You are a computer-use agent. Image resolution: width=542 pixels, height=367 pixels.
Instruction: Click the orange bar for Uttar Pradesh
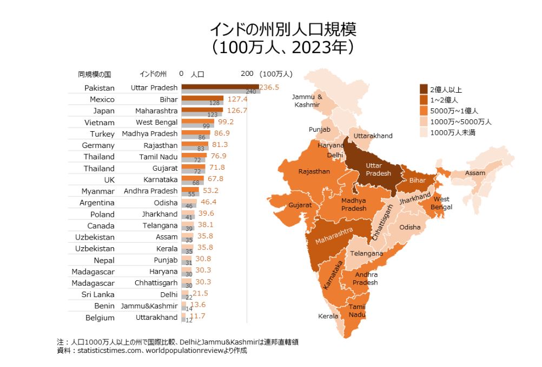click(x=220, y=86)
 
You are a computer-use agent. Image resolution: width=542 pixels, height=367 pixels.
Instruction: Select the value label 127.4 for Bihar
click(x=237, y=99)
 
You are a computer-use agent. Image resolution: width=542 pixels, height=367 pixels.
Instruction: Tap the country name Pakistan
click(x=100, y=88)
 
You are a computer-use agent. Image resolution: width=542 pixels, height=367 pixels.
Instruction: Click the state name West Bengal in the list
click(x=156, y=122)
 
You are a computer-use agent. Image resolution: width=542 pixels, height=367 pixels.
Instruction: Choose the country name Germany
click(x=98, y=145)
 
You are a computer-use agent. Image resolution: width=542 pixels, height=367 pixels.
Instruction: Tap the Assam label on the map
click(x=475, y=173)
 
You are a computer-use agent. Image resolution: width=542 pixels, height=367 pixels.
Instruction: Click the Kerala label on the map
click(x=328, y=316)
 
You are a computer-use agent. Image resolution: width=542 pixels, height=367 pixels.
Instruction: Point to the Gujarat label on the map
click(x=300, y=205)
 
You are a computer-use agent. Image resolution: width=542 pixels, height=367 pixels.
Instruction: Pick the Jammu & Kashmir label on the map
click(x=307, y=100)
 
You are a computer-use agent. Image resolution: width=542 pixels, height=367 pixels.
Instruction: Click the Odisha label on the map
click(x=409, y=227)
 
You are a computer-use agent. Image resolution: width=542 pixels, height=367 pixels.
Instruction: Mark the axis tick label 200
click(x=247, y=74)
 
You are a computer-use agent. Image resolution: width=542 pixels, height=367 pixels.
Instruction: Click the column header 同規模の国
click(x=95, y=74)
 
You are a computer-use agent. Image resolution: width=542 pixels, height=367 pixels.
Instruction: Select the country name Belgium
click(x=100, y=318)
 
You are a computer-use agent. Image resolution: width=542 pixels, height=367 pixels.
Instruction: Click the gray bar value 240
click(x=250, y=92)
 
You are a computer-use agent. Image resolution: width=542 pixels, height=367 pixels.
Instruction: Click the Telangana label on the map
click(x=366, y=253)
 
